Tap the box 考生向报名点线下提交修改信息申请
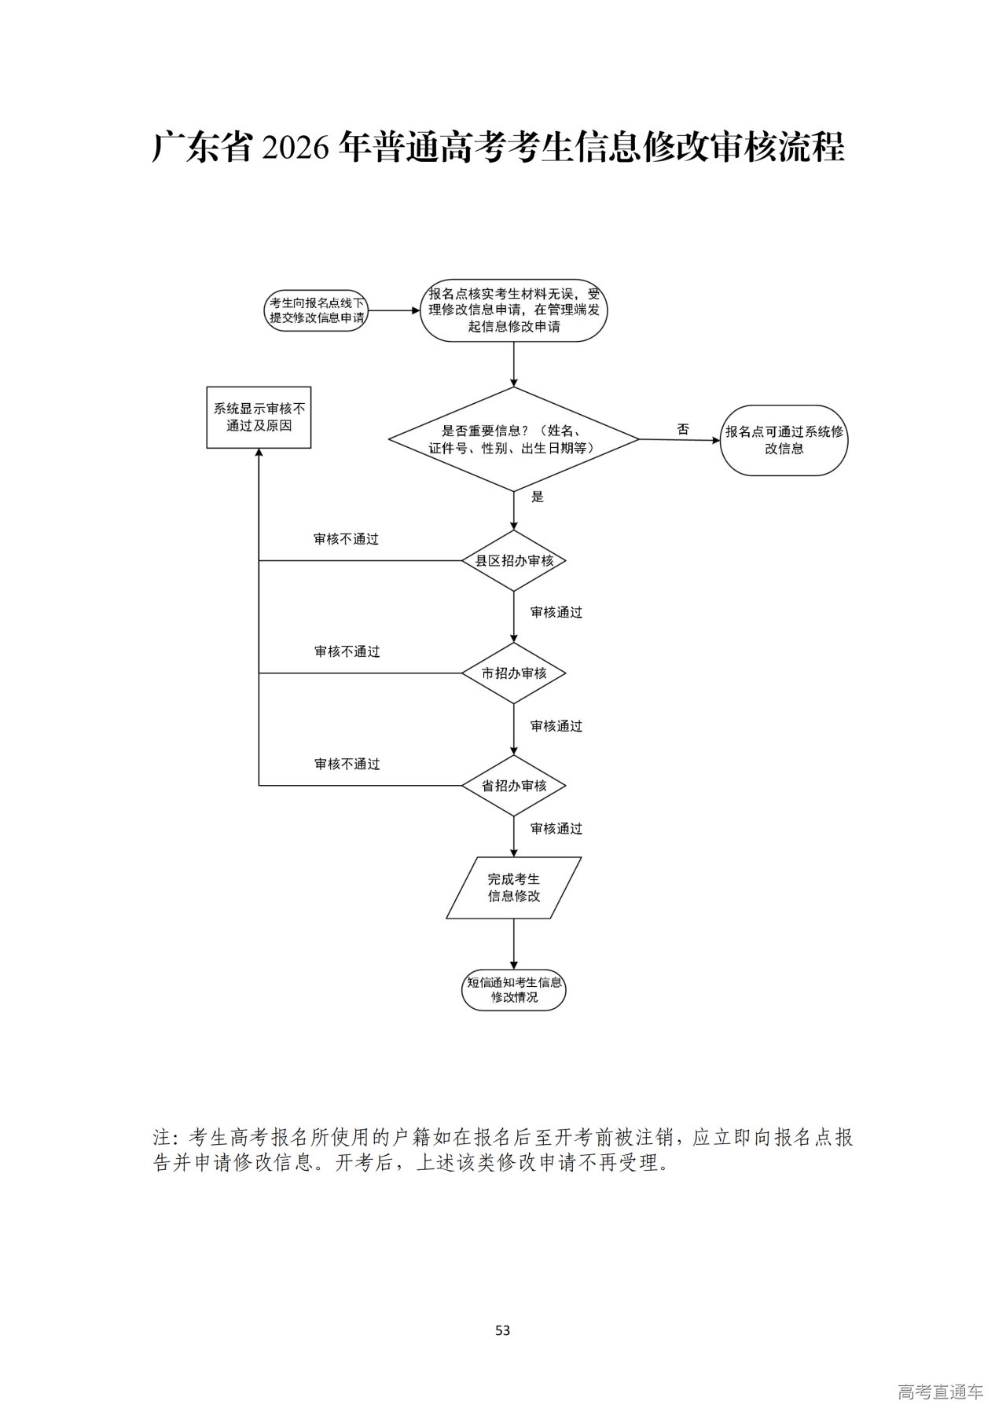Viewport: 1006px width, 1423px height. [x=317, y=310]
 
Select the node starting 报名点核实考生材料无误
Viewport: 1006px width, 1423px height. [x=514, y=310]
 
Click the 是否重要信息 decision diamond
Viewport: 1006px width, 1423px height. [x=514, y=439]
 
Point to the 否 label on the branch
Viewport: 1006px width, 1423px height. [x=683, y=429]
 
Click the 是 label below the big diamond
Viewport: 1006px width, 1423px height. [x=538, y=497]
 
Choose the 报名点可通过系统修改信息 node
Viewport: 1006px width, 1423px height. [x=784, y=440]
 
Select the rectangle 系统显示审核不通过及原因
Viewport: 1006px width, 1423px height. [x=259, y=417]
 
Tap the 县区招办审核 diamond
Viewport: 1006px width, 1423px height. [x=514, y=561]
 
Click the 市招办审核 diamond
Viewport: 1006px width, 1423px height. [x=514, y=673]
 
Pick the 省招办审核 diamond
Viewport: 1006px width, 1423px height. [x=514, y=786]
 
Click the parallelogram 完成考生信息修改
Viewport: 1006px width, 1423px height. [x=514, y=888]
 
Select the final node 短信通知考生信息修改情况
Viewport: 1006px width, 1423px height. [x=514, y=989]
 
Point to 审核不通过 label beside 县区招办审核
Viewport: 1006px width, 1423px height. [x=346, y=539]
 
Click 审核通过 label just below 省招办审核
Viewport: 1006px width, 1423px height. [x=556, y=828]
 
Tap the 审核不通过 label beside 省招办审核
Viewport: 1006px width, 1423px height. [x=347, y=764]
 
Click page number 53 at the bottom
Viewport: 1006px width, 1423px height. [x=503, y=1330]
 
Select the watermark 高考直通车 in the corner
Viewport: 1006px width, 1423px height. [x=940, y=1392]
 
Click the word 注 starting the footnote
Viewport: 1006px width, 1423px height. [x=162, y=1137]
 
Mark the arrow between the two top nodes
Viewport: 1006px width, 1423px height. [x=393, y=310]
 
